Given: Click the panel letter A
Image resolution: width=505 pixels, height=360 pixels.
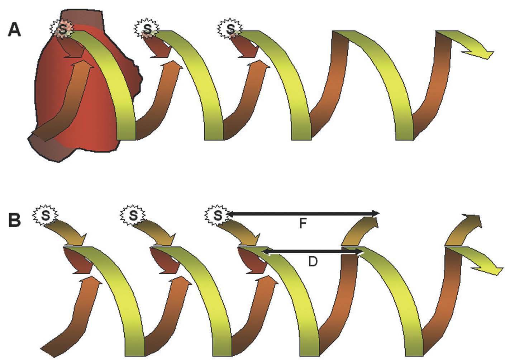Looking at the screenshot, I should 15,30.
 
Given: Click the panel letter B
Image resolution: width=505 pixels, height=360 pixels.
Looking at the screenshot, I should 15,220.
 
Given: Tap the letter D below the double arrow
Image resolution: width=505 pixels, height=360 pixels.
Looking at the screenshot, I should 313,262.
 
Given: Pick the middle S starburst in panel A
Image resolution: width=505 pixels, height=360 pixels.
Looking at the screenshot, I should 147,28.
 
